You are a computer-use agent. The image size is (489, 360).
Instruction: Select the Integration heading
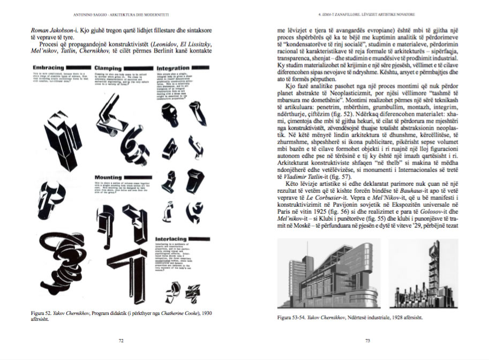[x=173, y=68]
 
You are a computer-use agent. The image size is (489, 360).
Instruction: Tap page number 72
[x=121, y=340]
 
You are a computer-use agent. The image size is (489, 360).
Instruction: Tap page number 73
[x=367, y=340]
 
